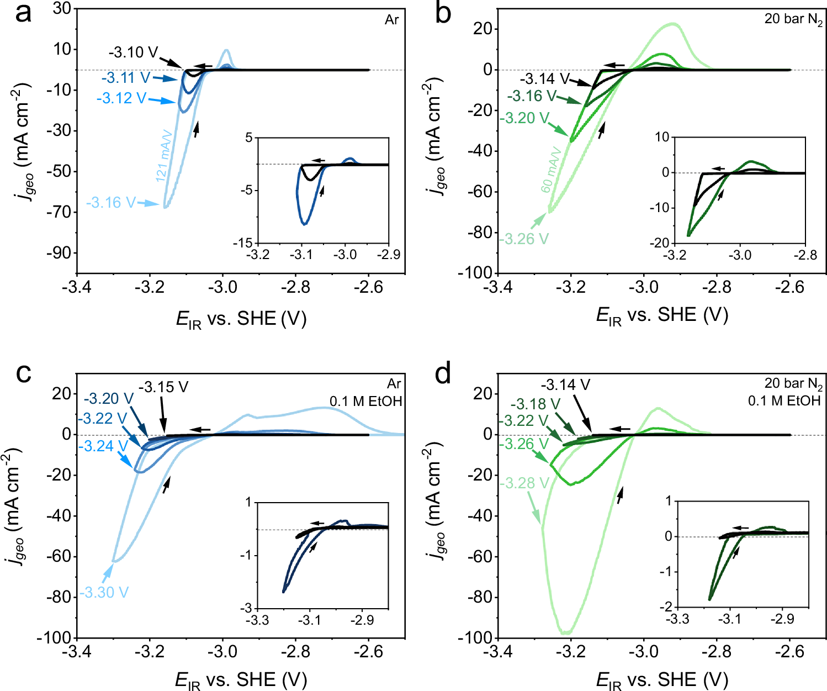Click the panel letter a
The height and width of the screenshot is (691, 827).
pos(23,13)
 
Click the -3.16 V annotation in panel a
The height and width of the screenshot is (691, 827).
pos(110,203)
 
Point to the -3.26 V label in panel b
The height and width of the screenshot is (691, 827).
pos(524,239)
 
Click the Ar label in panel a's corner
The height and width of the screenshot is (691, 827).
pos(391,20)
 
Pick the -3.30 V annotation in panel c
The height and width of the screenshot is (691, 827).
pos(104,593)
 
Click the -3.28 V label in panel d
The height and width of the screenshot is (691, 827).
pos(524,483)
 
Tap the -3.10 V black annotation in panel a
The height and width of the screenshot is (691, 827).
pos(133,53)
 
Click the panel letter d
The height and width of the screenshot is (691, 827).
pos(443,374)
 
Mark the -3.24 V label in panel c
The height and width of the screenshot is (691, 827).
pos(103,446)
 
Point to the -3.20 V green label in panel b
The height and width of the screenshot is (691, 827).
pos(524,118)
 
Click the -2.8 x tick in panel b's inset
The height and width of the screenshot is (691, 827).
pos(805,255)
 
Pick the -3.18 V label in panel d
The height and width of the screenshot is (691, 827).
pos(535,404)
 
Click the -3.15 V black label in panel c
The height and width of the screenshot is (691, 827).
pos(163,387)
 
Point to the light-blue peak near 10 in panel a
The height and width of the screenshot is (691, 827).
pos(226,50)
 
